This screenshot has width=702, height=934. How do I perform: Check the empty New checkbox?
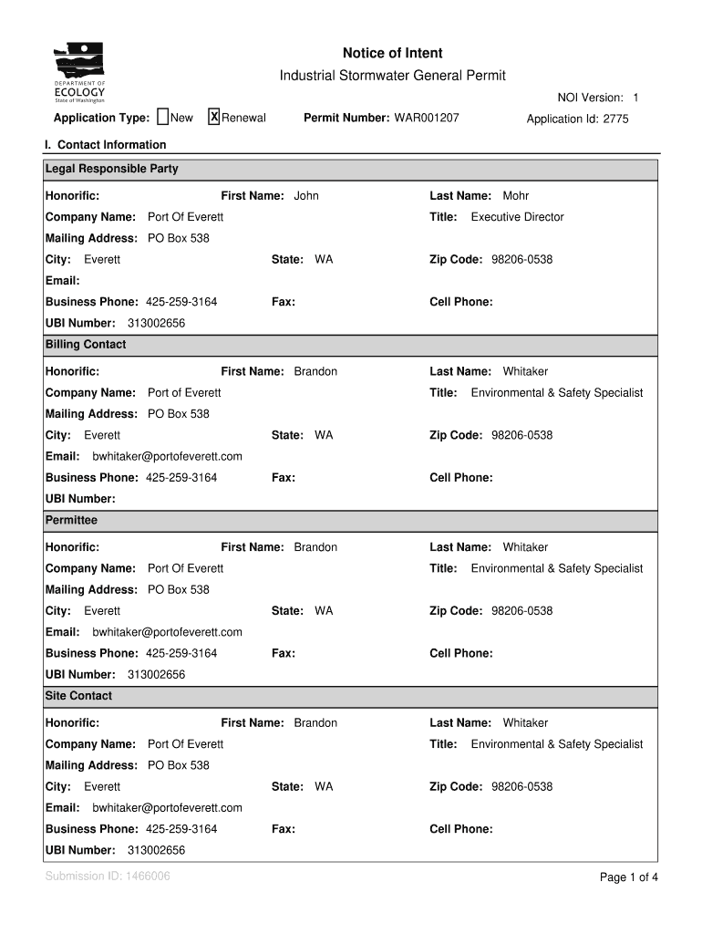click(x=162, y=117)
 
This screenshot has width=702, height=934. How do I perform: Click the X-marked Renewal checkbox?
click(x=214, y=117)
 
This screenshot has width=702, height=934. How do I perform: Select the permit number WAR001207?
click(x=426, y=119)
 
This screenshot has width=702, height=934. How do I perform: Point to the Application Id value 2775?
click(x=615, y=119)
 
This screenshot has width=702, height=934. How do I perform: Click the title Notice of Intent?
click(x=392, y=54)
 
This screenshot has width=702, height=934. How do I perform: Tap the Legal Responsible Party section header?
click(x=112, y=170)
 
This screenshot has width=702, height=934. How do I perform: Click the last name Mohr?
click(x=515, y=196)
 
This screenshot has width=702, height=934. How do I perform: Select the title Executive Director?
click(x=517, y=217)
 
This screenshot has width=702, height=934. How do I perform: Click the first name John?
click(x=306, y=196)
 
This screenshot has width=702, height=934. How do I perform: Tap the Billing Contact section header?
click(x=86, y=345)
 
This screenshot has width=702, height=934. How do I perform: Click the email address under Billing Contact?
click(x=168, y=456)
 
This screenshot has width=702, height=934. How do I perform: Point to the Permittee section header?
click(x=71, y=521)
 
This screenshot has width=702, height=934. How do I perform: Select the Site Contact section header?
click(x=78, y=696)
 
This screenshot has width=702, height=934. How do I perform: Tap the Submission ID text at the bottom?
click(x=107, y=877)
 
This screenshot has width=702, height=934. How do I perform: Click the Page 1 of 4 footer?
click(x=628, y=877)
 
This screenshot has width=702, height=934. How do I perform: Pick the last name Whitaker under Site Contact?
click(x=525, y=723)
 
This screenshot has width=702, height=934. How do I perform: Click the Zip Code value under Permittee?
click(x=521, y=611)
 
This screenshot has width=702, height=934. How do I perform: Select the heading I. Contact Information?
click(x=106, y=145)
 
